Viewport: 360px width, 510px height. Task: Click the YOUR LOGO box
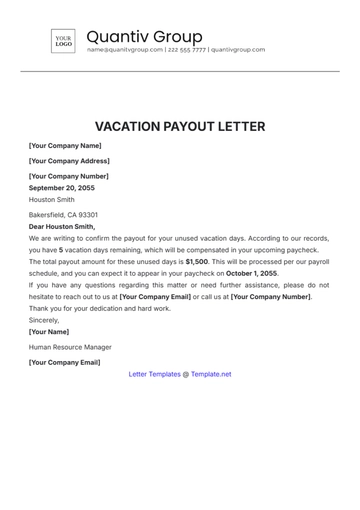coord(63,41)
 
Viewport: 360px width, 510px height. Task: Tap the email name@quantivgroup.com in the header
coord(124,49)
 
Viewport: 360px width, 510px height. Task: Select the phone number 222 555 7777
coord(186,49)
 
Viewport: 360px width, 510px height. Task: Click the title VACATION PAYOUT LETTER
coord(180,127)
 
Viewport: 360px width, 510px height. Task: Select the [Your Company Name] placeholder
coord(65,146)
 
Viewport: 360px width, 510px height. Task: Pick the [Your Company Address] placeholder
coord(69,161)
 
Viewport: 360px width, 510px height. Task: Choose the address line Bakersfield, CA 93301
coord(64,214)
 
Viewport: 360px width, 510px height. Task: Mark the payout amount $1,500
coord(197,260)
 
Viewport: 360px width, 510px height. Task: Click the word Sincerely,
coord(44,320)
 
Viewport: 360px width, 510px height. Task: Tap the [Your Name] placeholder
coord(49,331)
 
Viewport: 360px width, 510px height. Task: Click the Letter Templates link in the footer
coord(155,374)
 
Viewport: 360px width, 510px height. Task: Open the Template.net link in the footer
coord(211,374)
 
